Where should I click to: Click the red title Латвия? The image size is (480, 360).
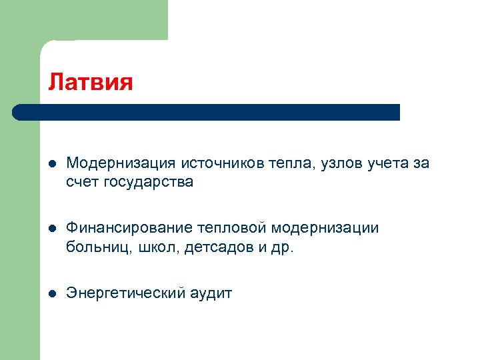click(x=91, y=82)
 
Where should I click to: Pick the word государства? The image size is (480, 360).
click(x=148, y=183)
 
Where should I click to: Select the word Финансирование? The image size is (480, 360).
click(x=130, y=229)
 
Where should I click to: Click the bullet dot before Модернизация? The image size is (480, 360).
click(x=53, y=164)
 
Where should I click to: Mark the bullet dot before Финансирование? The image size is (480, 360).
click(x=53, y=229)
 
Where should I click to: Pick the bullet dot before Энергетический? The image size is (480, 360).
click(x=53, y=294)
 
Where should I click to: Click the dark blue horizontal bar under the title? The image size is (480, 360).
click(x=207, y=112)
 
